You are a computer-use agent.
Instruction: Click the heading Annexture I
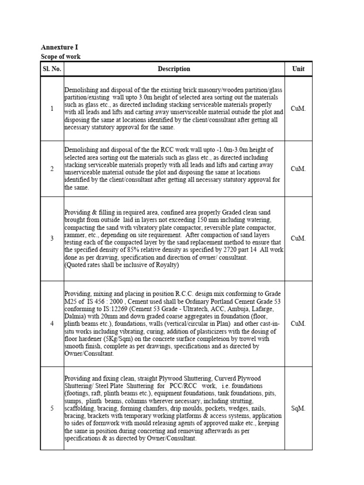59,47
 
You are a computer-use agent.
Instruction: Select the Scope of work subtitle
61,56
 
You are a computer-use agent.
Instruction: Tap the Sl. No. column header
52,69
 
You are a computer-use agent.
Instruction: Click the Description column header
174,69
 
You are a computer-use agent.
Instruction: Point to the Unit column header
298,69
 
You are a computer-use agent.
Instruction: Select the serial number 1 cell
52,108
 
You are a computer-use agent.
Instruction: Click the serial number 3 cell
52,238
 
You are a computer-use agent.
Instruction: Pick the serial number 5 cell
52,408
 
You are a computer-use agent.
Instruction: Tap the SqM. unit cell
298,408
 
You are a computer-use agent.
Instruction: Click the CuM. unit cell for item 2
298,169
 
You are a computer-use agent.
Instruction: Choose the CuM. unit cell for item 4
298,323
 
